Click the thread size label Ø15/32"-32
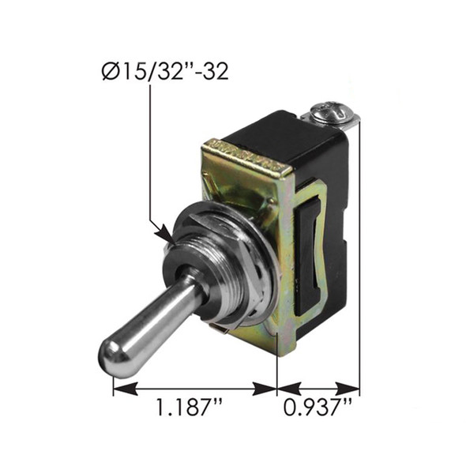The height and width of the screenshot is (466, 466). coord(165,73)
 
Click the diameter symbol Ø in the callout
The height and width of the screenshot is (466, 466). coord(111,73)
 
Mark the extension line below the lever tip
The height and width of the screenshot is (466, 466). coord(114,383)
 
